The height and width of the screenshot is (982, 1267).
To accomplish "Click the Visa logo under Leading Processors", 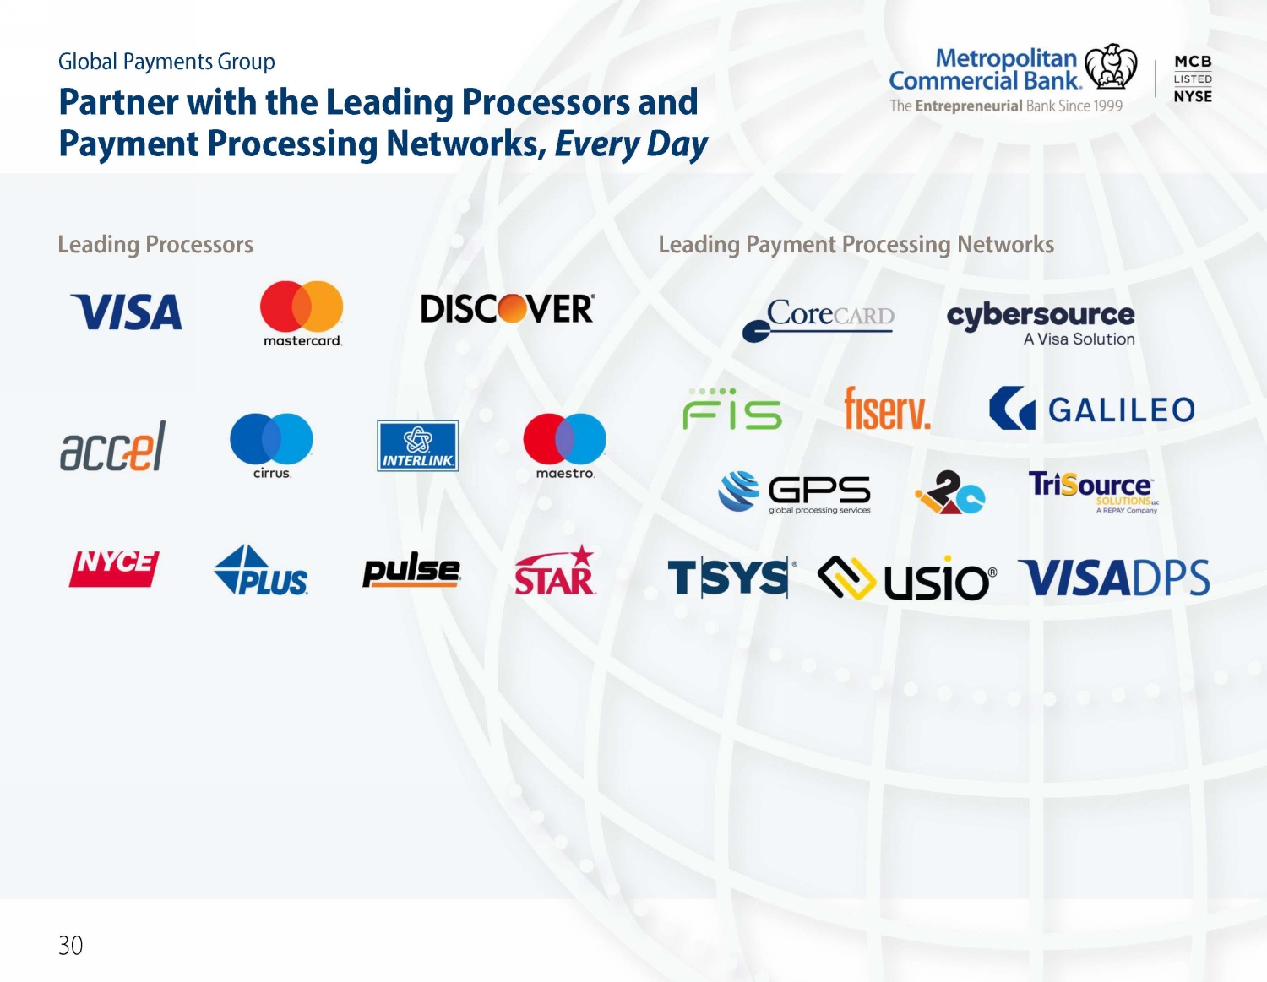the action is tap(126, 312).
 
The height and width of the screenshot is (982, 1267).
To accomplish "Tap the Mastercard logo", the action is tap(302, 313).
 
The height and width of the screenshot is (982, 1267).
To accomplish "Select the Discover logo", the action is tap(508, 308).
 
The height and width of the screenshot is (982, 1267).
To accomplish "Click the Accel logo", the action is tap(113, 446).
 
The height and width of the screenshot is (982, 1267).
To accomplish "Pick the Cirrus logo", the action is tap(271, 446).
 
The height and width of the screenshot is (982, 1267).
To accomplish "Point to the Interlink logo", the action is tap(417, 446).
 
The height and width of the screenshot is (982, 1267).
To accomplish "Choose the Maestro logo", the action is tap(564, 446).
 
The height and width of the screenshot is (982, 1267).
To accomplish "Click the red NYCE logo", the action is tap(114, 568).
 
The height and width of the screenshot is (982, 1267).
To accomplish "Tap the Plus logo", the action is tap(261, 570).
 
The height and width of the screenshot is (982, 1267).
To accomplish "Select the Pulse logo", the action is tap(411, 569).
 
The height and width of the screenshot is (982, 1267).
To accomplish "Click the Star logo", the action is tap(555, 570).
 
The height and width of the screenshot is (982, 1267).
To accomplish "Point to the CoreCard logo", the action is tap(818, 320).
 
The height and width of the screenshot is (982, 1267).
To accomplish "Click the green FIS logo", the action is tap(732, 409).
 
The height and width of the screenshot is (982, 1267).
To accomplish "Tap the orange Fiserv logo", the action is tap(887, 408).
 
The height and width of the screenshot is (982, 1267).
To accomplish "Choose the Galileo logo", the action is tap(1092, 408).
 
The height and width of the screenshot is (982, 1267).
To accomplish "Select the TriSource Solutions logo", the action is tap(1093, 492).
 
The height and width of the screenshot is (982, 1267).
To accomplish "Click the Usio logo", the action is tap(907, 578).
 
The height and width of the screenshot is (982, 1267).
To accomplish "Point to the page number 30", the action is tap(71, 946).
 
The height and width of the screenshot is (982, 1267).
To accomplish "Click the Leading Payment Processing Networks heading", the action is tap(856, 244).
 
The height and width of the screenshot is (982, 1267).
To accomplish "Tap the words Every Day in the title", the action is tap(631, 144).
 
